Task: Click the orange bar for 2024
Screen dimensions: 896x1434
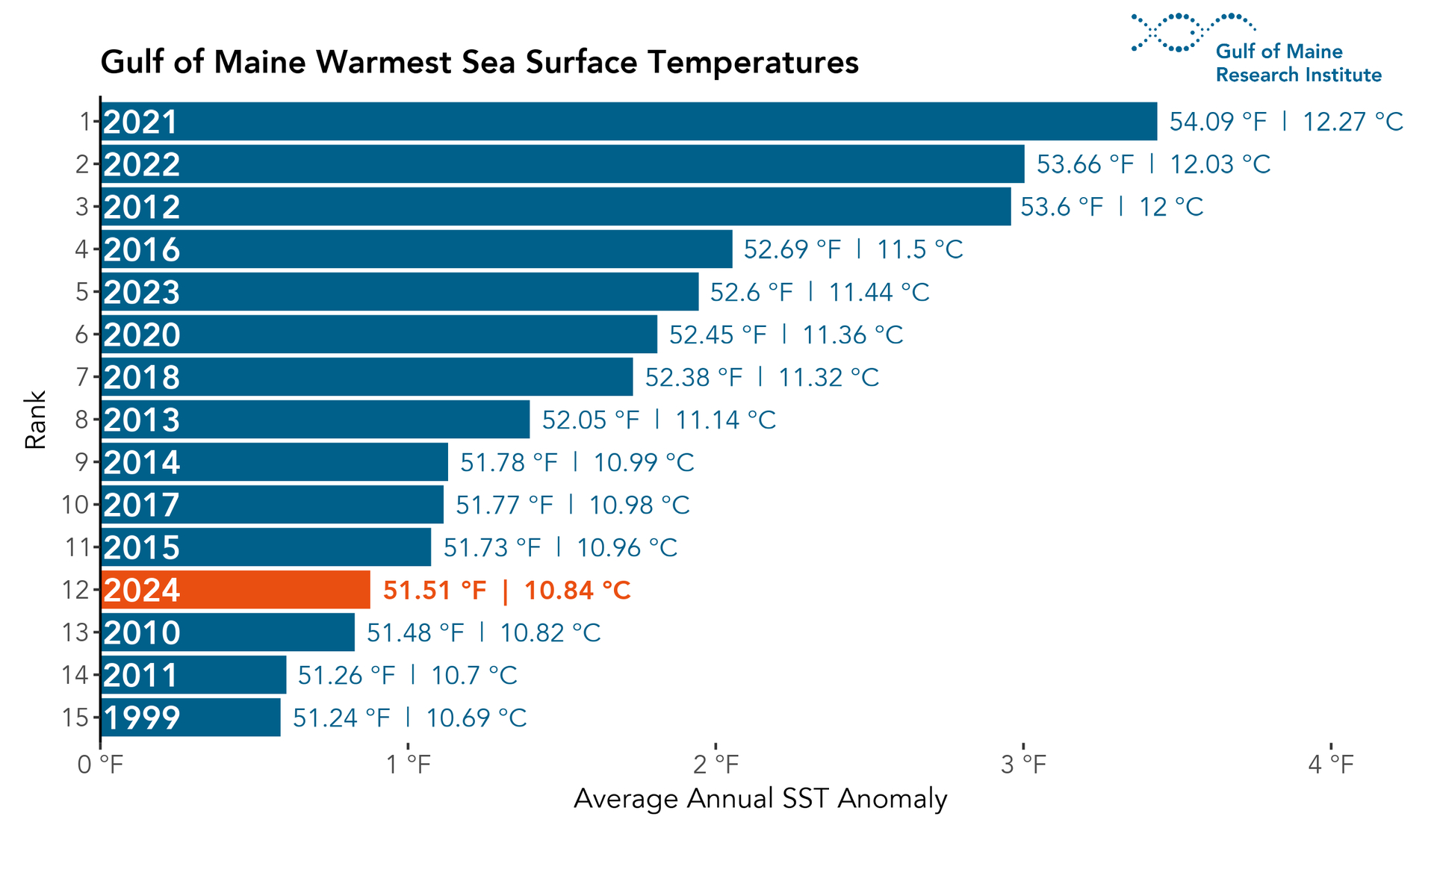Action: point(235,590)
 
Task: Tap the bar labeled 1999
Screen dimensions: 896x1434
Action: point(190,718)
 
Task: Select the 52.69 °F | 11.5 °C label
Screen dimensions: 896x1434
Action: point(853,249)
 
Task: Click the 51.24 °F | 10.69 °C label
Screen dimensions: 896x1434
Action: point(409,718)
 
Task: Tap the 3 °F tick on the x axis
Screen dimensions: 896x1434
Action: point(1024,765)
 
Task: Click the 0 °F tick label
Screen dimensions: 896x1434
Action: point(100,765)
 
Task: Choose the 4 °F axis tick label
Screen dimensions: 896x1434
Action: point(1331,765)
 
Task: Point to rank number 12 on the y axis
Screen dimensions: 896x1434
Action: point(75,591)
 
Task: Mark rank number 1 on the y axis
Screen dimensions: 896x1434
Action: point(85,122)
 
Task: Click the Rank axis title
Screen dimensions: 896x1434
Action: point(36,420)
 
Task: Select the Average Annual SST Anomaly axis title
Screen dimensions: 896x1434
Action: point(760,799)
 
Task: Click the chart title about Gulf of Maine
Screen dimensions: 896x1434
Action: point(479,62)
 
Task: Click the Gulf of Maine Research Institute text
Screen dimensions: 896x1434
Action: point(1298,63)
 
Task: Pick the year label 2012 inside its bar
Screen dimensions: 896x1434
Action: point(142,207)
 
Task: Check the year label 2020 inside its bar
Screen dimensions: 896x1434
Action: point(142,335)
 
